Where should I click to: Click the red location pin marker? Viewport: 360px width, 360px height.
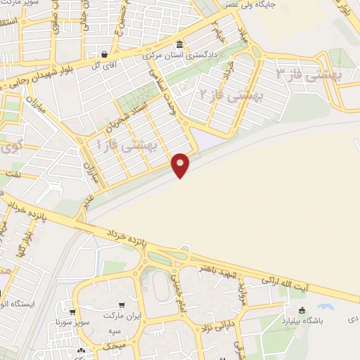(x=181, y=164)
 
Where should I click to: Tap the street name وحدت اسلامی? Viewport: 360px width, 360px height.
(x=160, y=89)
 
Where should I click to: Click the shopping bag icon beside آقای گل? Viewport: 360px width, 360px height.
(x=105, y=53)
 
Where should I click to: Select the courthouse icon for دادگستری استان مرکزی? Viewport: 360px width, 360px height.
(x=180, y=45)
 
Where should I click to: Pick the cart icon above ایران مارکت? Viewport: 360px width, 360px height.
(x=122, y=305)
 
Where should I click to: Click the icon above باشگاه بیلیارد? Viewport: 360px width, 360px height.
(x=302, y=311)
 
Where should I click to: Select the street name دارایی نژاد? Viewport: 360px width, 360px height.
(x=219, y=329)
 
